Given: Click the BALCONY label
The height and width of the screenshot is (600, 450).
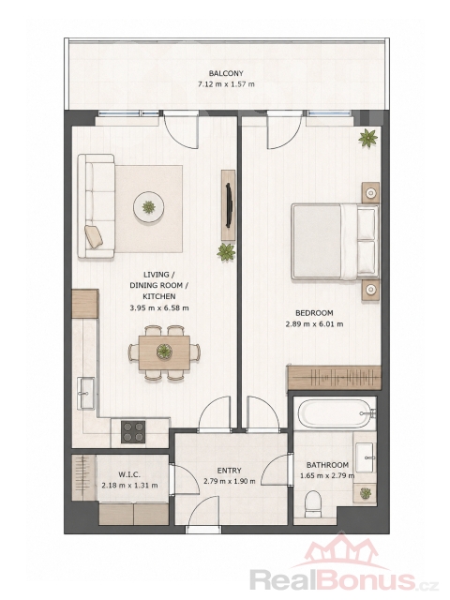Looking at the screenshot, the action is (226, 73).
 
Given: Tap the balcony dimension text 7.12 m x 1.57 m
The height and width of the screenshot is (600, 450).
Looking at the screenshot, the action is (226, 84).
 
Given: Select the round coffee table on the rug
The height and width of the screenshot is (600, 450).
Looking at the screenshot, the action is (149, 207).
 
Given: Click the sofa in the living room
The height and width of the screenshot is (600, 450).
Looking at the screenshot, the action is (96, 206).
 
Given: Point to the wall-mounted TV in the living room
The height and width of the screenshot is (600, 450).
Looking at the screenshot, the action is (229, 205).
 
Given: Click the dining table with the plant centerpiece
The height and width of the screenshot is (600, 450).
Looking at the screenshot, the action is (164, 352).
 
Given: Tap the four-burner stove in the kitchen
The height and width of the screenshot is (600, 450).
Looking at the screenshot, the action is (133, 431).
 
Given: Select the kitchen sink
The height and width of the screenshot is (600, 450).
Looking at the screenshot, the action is (86, 393).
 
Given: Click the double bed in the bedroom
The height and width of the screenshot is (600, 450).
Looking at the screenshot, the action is (335, 242).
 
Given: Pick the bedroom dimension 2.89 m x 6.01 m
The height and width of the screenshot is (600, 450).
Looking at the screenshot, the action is (314, 324).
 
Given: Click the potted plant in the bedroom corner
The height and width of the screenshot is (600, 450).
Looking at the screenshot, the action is (368, 138).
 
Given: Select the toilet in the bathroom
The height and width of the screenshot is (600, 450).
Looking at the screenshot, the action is (313, 502).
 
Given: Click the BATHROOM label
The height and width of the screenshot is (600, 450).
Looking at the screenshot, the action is (327, 465).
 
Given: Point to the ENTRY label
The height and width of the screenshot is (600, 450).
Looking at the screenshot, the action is (229, 471).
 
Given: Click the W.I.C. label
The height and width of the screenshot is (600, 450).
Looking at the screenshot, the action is (129, 474).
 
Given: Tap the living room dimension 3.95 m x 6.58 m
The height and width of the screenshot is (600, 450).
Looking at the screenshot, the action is (159, 307).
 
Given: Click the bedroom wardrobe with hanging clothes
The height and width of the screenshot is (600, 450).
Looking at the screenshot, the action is (335, 378).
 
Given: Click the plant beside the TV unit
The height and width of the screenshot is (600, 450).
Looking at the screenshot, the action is (226, 252).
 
